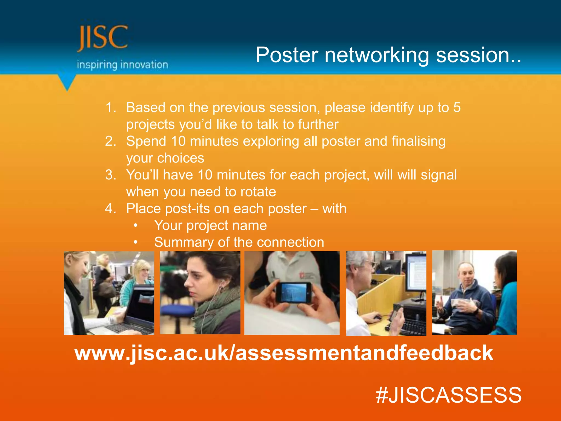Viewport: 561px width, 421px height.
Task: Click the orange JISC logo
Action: (103, 38)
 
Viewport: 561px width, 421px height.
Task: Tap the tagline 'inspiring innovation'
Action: (122, 65)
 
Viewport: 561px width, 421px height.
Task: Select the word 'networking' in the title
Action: (377, 56)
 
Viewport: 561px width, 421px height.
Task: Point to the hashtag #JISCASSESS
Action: (449, 395)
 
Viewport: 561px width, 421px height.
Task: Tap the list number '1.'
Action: (111, 107)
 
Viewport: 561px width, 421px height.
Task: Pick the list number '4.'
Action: (111, 209)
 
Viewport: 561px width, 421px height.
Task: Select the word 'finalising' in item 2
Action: (418, 141)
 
